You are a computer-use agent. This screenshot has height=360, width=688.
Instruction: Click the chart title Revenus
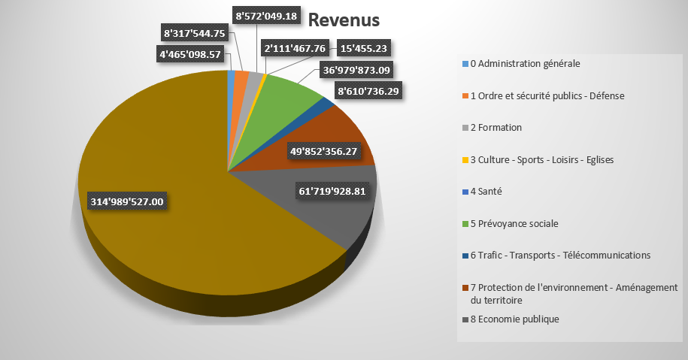(344, 20)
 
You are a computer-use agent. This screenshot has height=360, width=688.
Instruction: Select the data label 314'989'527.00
(127, 201)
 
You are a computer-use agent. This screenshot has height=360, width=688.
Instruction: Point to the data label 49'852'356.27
(323, 151)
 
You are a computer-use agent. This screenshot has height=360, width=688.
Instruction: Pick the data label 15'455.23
(364, 48)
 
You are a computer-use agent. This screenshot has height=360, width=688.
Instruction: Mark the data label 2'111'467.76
(294, 48)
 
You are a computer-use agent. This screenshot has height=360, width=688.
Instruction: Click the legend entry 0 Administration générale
(525, 63)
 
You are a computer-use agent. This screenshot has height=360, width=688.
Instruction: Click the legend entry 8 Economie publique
(514, 319)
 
